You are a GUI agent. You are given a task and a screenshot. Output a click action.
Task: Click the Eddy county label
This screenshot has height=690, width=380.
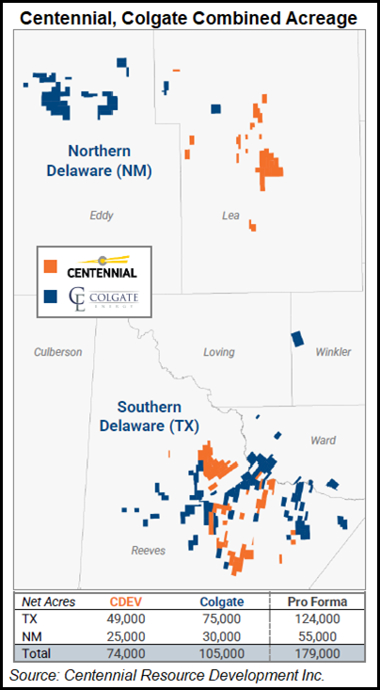[102, 216]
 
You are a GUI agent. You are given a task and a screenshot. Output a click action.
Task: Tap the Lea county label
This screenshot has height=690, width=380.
[230, 216]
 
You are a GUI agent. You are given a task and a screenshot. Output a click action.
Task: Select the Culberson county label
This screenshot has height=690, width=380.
[58, 352]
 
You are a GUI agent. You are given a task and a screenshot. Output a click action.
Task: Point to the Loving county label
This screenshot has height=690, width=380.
[218, 352]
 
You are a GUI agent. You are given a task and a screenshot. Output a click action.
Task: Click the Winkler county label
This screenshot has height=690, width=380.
[333, 352]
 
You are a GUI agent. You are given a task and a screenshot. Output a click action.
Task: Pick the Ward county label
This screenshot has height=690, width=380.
[324, 440]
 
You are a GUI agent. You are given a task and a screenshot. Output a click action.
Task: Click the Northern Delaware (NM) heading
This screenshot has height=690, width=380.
[111, 161]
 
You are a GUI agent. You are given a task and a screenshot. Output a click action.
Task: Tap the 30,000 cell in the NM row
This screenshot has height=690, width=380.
[223, 636]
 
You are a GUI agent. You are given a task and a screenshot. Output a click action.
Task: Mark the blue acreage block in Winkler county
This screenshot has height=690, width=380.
[298, 338]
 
